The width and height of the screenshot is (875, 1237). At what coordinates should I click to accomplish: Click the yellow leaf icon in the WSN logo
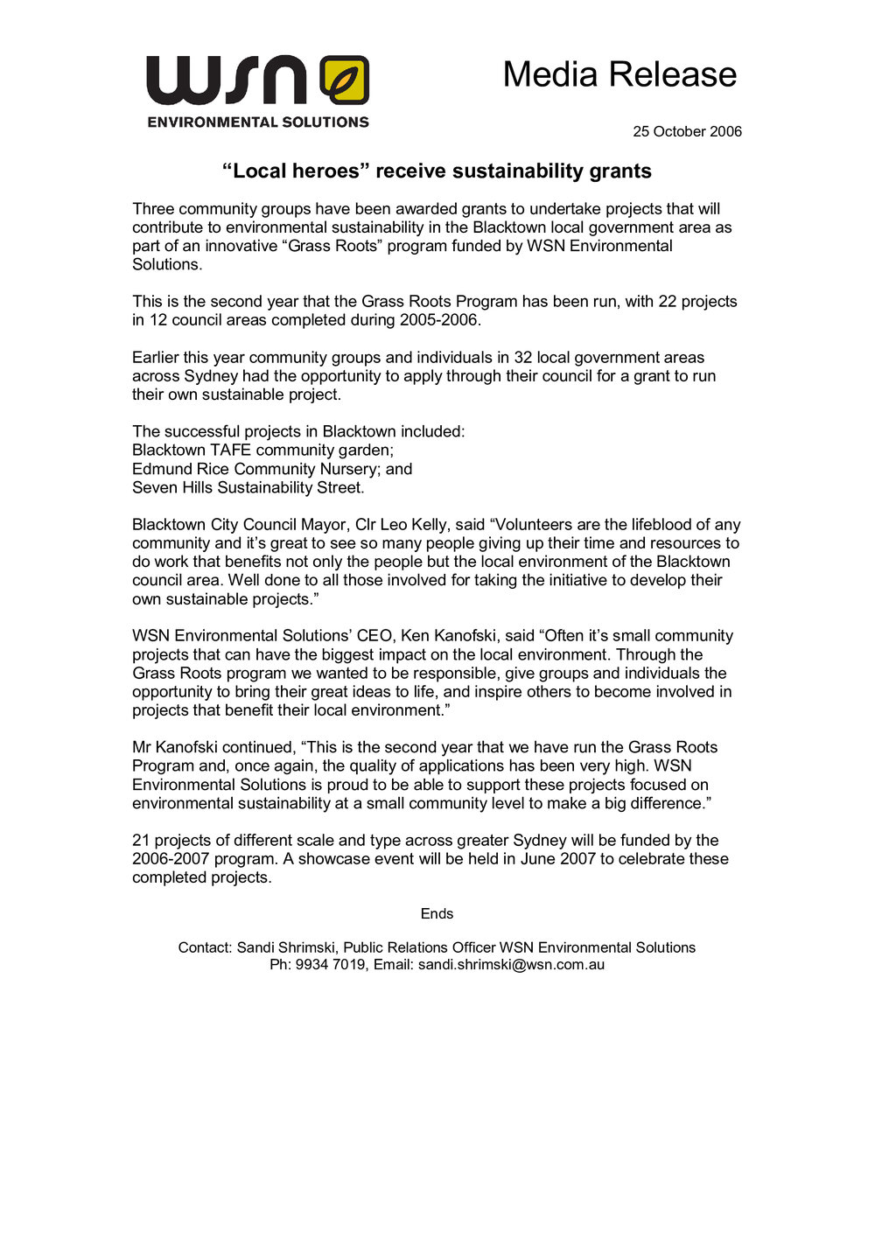[345, 80]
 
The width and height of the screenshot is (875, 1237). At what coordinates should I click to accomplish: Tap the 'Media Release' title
[619, 74]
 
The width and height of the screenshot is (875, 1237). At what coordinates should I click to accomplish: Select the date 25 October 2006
[687, 132]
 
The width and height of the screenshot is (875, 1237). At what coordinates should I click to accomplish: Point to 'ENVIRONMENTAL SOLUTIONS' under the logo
[258, 122]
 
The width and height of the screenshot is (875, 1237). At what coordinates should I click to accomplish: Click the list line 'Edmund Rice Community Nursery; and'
[272, 469]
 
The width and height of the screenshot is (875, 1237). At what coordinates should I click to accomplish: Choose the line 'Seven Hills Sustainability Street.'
[248, 487]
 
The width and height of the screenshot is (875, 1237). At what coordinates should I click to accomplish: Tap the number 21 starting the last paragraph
[141, 841]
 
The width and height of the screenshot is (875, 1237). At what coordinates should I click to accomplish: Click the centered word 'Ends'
[437, 914]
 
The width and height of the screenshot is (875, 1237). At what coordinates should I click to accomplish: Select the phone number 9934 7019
[330, 965]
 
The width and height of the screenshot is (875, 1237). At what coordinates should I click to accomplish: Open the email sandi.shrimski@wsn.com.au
[511, 965]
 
